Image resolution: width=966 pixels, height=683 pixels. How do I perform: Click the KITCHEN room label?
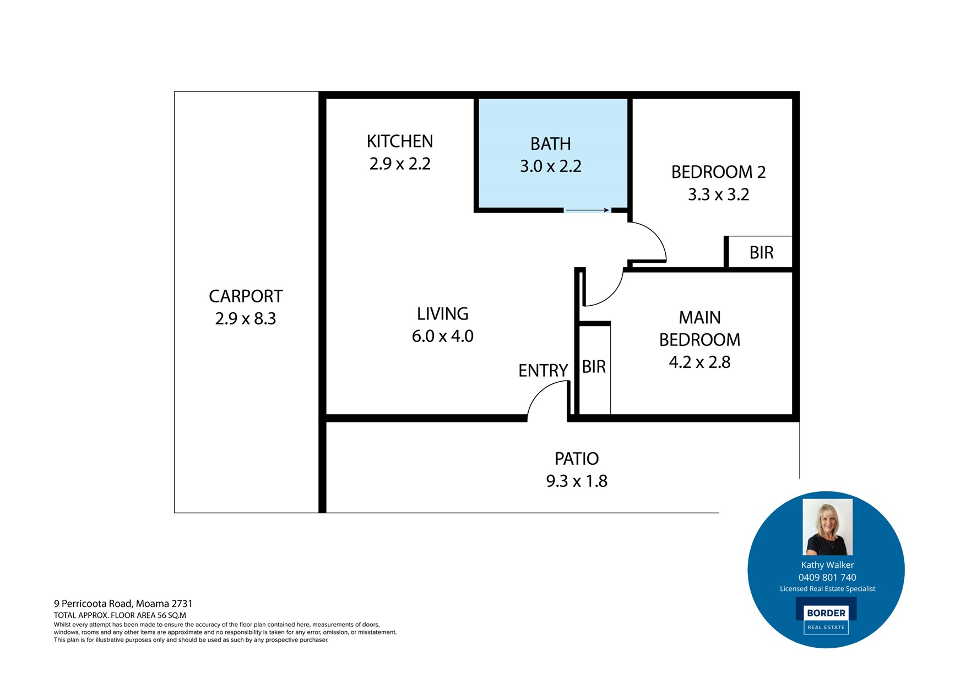400,142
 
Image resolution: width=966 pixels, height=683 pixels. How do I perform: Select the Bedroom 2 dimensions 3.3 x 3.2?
718,194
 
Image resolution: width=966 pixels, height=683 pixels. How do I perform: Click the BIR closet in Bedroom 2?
761,253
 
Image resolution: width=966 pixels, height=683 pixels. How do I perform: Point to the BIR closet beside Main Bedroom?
594,367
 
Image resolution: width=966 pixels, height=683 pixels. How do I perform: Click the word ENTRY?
543,371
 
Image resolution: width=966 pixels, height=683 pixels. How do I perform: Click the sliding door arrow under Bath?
587,210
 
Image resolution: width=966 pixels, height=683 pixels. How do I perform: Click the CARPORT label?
246,296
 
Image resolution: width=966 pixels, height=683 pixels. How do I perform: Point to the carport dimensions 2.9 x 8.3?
246,319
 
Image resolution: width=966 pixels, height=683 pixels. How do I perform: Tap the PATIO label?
577,459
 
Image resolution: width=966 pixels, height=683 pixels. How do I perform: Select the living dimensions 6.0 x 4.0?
443,336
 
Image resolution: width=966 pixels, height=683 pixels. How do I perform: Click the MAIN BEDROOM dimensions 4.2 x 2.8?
699,362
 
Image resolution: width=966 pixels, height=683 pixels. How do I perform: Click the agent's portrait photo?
827,527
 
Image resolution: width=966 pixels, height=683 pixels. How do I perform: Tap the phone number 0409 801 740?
827,577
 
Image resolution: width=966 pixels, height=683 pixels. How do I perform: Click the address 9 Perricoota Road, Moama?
123,604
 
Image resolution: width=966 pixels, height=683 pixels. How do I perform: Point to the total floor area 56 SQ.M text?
120,615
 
